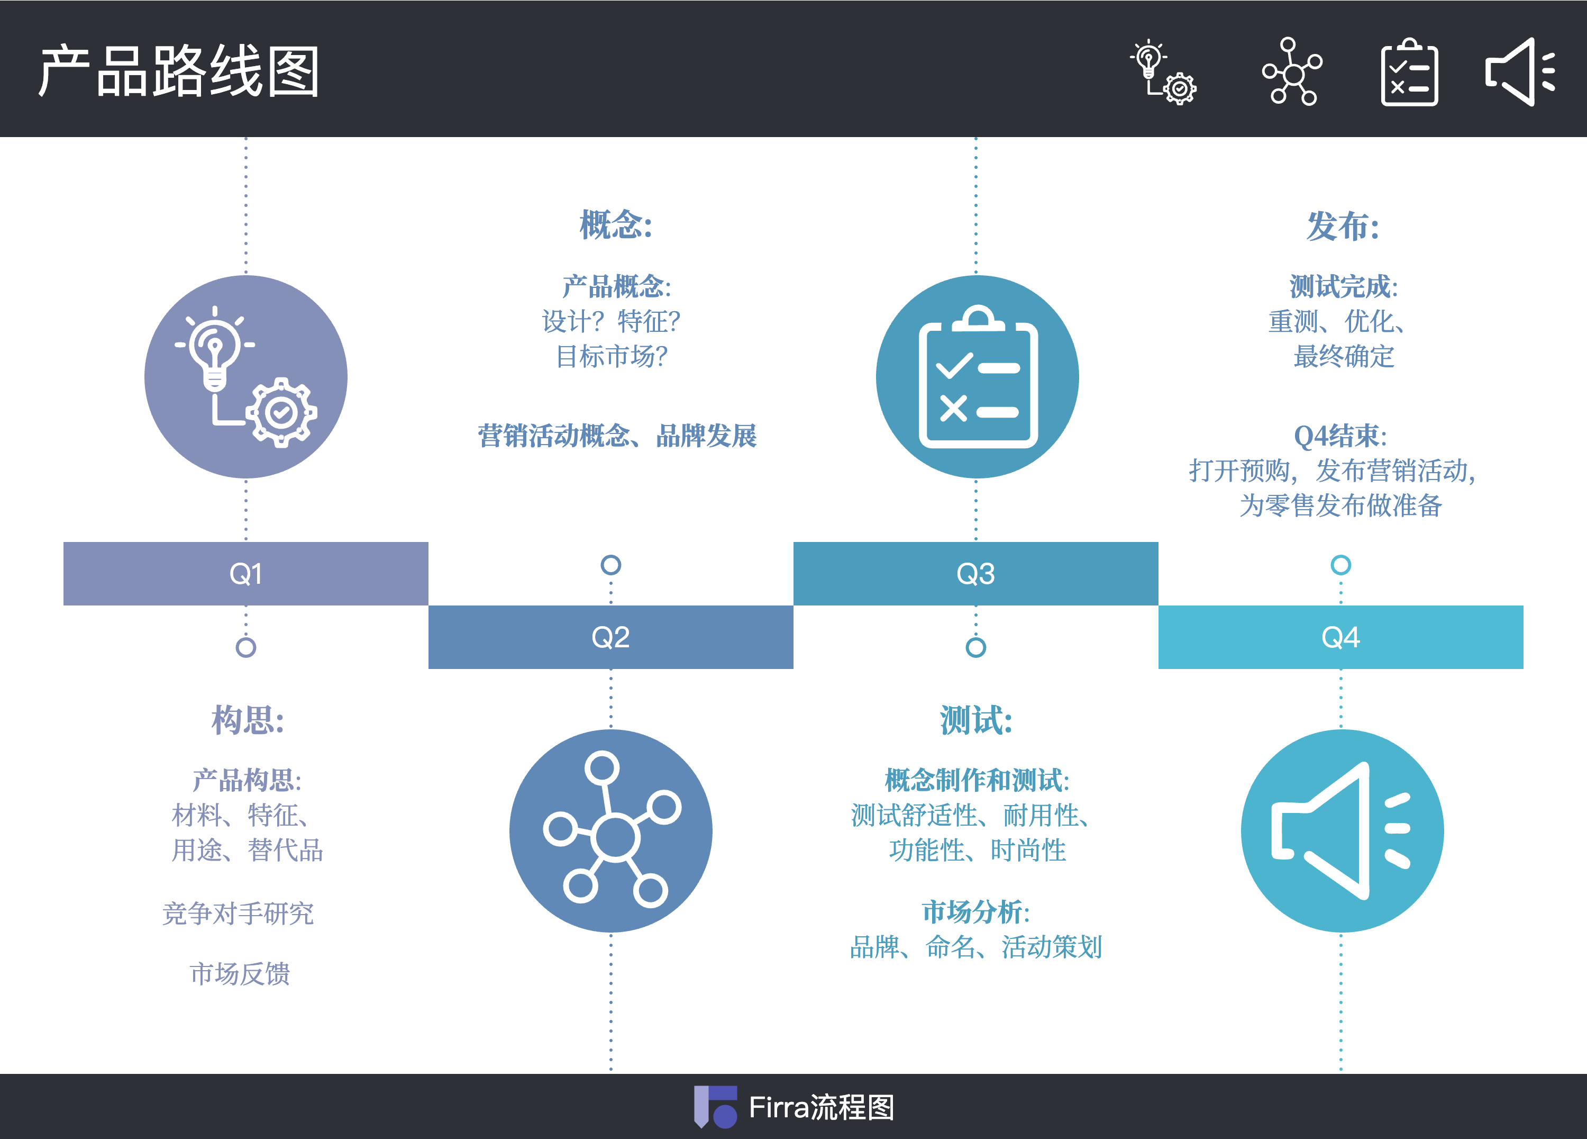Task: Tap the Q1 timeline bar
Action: [x=245, y=573]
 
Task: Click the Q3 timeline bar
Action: [x=975, y=573]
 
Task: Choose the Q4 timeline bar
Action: [x=1340, y=637]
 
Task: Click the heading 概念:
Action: [x=616, y=225]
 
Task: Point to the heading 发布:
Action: [x=1343, y=226]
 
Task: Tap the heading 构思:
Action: [x=248, y=720]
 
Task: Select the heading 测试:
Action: [x=976, y=720]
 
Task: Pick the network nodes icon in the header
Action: [x=1292, y=72]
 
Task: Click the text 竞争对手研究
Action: [x=238, y=914]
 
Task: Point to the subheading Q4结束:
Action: [x=1340, y=436]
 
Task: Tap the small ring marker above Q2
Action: [x=611, y=565]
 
